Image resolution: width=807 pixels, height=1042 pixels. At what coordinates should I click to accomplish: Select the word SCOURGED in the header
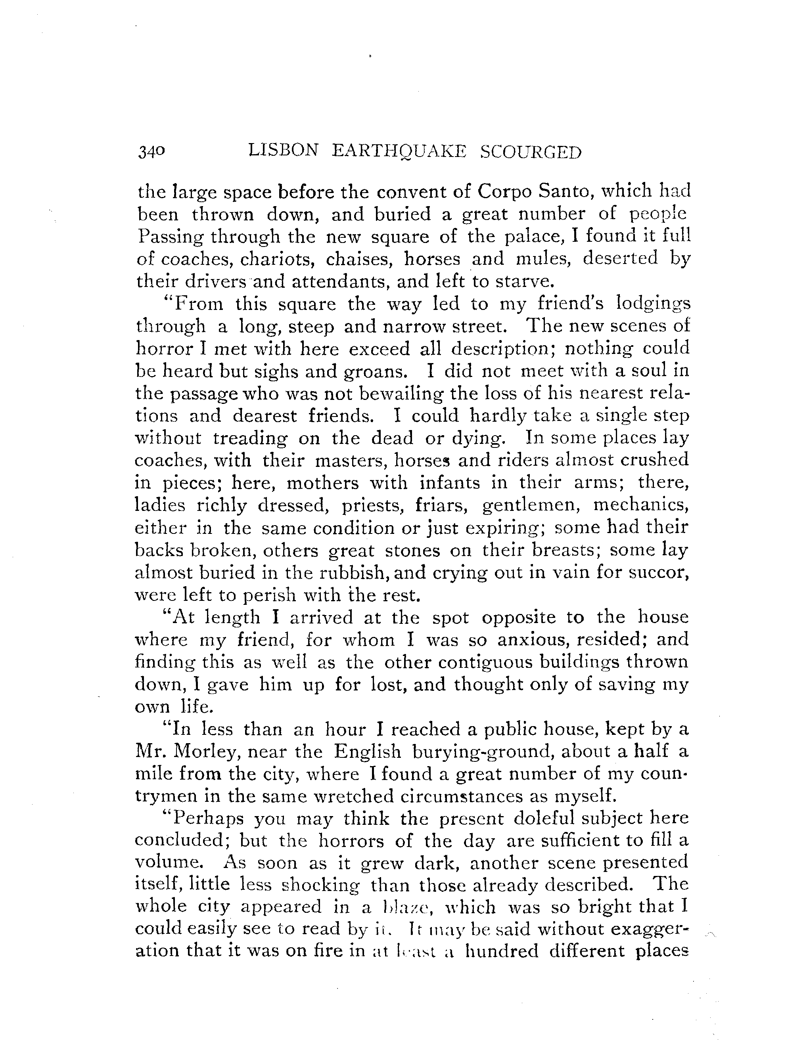[531, 152]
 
